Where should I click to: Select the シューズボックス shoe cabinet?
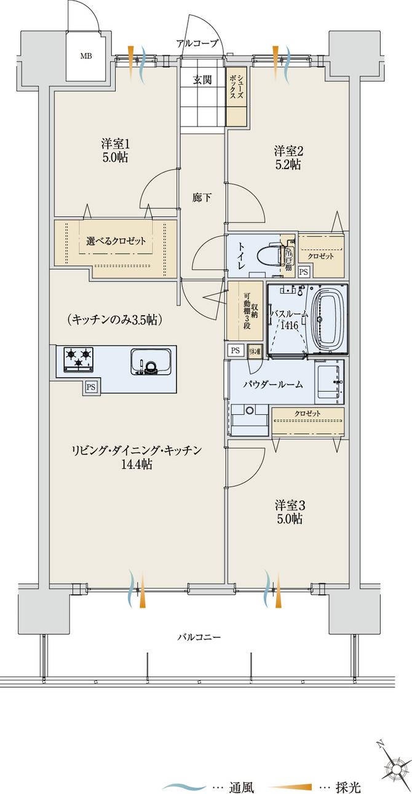[x=237, y=96]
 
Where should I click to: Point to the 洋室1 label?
[x=115, y=144]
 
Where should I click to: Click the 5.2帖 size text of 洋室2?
[x=287, y=165]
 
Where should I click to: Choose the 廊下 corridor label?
[x=202, y=197]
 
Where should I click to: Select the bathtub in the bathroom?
[x=329, y=318]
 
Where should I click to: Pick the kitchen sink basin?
[x=151, y=362]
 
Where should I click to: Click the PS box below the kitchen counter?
[x=90, y=387]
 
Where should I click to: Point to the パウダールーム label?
[x=272, y=385]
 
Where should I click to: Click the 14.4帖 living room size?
[x=136, y=465]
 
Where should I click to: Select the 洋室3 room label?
[x=290, y=505]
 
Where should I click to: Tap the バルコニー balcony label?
[x=199, y=637]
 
